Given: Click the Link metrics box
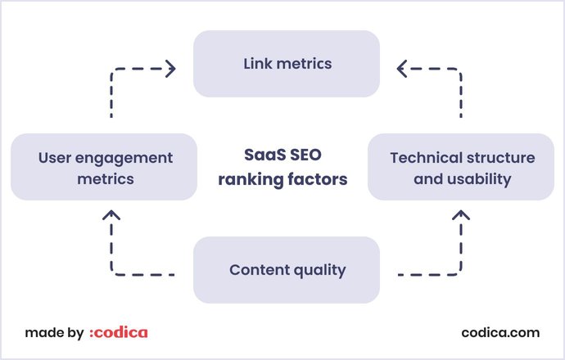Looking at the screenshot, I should click(x=287, y=64).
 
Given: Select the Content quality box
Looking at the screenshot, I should click(x=287, y=270).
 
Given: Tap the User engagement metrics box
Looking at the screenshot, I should click(x=104, y=167).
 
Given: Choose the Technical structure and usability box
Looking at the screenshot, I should click(x=461, y=167).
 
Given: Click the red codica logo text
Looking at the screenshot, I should click(x=120, y=332).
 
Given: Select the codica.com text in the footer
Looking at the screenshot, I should click(x=500, y=332).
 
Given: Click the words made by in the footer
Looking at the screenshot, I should click(x=54, y=332).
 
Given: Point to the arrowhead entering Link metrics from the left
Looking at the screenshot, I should click(x=170, y=69).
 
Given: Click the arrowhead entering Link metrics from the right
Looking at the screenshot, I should click(x=402, y=69).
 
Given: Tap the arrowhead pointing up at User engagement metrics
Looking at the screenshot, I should click(x=112, y=215).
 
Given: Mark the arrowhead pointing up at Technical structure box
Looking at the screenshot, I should click(x=461, y=215).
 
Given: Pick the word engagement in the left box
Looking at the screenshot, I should click(x=122, y=157).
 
